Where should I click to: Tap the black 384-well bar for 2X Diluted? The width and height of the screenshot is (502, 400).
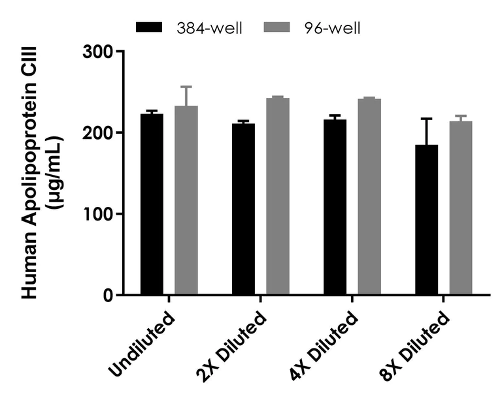tap(243, 209)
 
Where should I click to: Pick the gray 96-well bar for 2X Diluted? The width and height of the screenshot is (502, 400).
tap(278, 196)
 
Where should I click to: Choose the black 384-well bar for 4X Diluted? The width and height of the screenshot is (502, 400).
tap(335, 207)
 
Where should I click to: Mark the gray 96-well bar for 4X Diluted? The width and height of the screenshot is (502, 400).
tap(369, 196)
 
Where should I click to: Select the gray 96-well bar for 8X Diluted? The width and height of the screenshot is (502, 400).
tap(461, 208)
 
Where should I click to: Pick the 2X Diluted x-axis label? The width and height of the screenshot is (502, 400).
tap(232, 346)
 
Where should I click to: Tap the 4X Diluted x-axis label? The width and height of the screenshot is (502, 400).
tap(324, 346)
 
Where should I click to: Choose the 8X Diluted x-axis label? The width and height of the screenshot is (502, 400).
tap(416, 346)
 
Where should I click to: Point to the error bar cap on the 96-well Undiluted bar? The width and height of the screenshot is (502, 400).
tap(186, 87)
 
